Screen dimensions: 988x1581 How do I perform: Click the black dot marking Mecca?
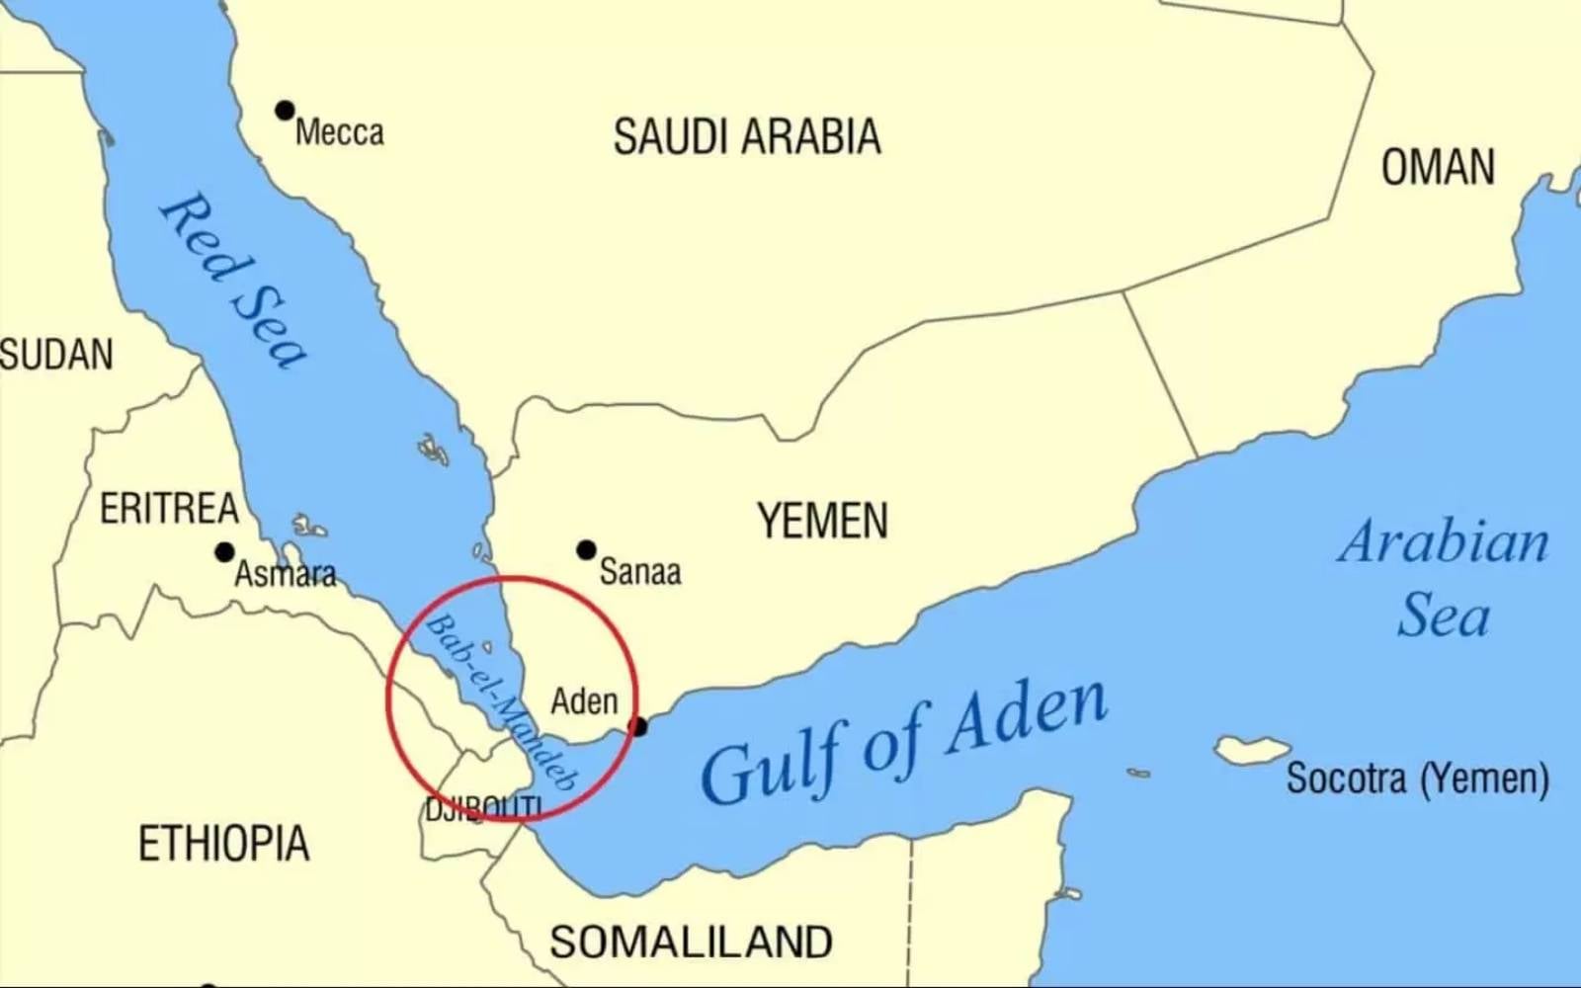tap(285, 110)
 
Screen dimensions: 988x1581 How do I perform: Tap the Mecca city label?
tap(339, 132)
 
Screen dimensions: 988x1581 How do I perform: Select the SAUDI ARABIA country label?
tap(746, 136)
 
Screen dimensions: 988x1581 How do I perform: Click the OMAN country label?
tap(1438, 167)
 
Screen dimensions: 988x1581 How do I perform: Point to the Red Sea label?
tap(234, 280)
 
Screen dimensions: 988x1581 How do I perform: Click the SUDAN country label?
tap(56, 355)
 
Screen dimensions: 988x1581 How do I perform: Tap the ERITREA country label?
tap(169, 509)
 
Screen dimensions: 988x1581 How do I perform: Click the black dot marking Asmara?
tap(224, 552)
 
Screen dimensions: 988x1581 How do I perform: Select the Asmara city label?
tap(285, 574)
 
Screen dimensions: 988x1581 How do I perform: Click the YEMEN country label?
tap(822, 521)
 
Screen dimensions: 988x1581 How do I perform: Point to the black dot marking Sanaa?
tap(586, 549)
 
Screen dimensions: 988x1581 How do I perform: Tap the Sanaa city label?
tap(640, 572)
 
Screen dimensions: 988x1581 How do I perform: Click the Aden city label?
tap(584, 701)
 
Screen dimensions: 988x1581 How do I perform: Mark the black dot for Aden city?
tap(638, 727)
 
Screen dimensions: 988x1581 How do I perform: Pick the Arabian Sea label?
tap(1444, 579)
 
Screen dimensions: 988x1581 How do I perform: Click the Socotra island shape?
tap(1251, 750)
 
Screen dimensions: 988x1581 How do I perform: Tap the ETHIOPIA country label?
tap(223, 844)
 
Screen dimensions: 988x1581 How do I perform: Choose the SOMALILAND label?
tap(691, 942)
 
